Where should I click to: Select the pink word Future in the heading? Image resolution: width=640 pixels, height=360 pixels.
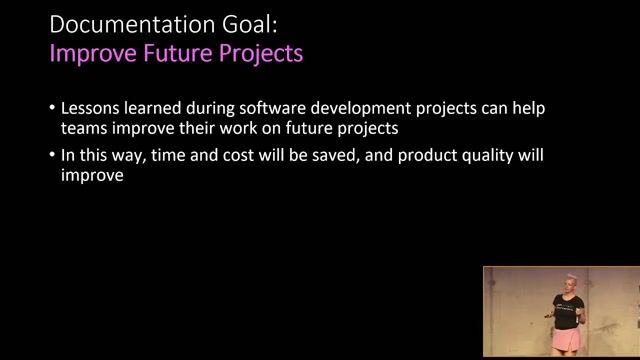pos(177,53)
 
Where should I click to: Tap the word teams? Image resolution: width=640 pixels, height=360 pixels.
pos(83,128)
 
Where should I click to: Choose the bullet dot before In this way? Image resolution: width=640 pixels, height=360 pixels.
pos(52,157)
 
